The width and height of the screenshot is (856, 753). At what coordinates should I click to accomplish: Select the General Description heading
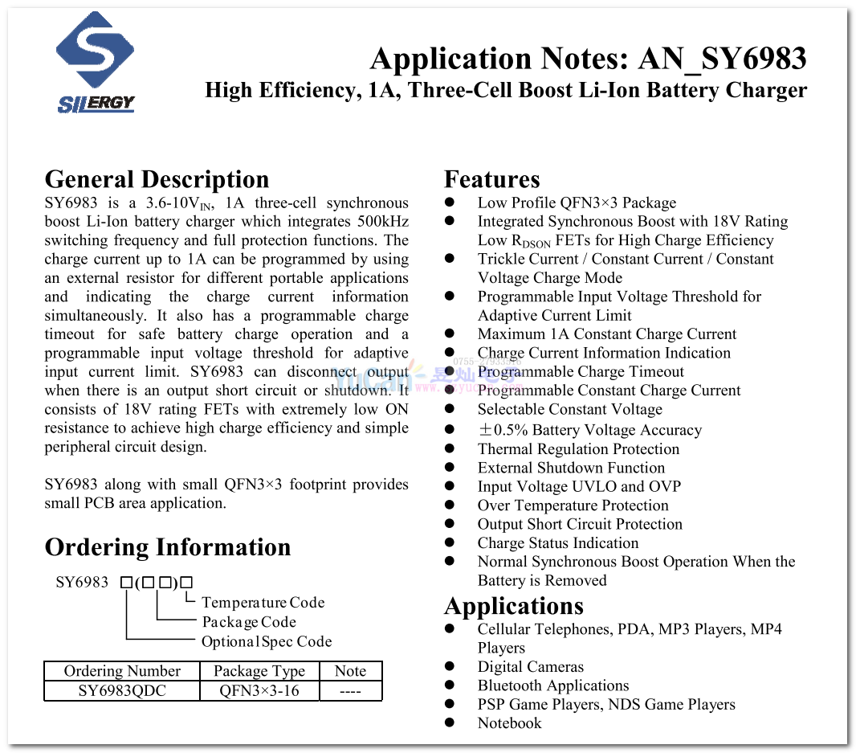(x=157, y=179)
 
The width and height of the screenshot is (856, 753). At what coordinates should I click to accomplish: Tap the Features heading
(x=491, y=179)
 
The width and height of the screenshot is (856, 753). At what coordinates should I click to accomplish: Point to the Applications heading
(x=513, y=605)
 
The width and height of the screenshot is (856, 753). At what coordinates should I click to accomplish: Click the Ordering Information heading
(x=168, y=547)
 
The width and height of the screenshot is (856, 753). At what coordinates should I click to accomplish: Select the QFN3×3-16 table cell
(x=259, y=691)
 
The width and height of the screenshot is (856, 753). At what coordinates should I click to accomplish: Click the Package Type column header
(x=259, y=671)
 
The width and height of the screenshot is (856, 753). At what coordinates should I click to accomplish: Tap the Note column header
(x=350, y=671)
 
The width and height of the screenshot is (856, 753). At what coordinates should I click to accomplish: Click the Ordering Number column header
(x=122, y=671)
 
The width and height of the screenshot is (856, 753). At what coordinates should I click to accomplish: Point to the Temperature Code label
(x=263, y=603)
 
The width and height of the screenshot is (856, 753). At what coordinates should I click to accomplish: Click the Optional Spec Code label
(x=266, y=641)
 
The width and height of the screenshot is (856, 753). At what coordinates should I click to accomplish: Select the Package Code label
(x=249, y=622)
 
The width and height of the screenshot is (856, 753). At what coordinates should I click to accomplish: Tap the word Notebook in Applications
(x=509, y=723)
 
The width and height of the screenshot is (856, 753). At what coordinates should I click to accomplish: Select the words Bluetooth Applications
(x=552, y=685)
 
